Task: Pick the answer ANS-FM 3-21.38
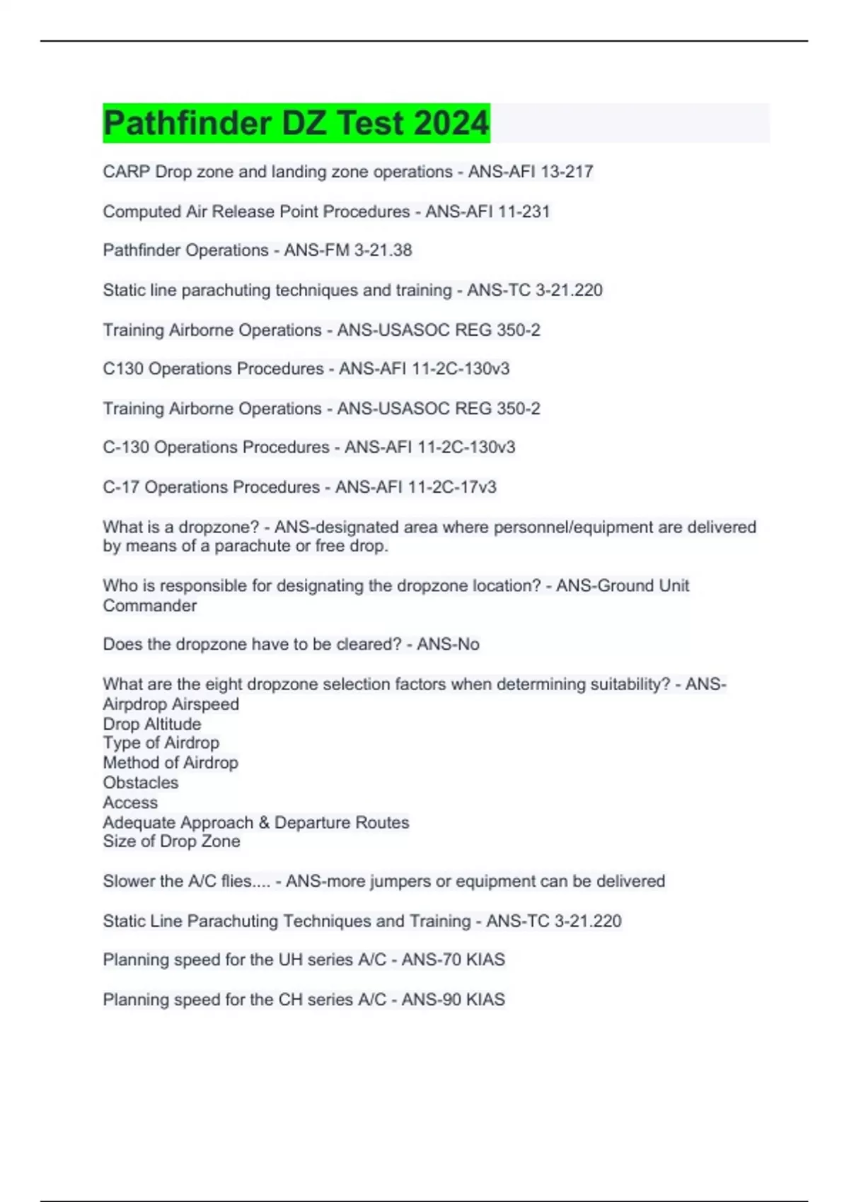pos(348,250)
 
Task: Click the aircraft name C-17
pos(121,487)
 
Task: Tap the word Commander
pos(150,606)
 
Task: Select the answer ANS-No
pos(448,644)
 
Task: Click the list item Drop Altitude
pos(152,724)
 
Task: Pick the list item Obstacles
pos(141,783)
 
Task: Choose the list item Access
pos(130,803)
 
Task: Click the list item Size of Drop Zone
pos(171,841)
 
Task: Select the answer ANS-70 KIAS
pos(454,959)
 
